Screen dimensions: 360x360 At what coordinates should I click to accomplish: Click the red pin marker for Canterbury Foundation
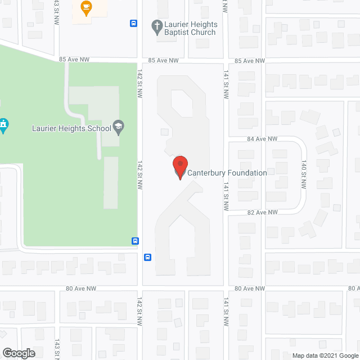point(180,166)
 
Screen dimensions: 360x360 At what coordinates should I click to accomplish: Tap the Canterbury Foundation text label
point(227,173)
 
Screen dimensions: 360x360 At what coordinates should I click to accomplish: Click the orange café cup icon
point(86,7)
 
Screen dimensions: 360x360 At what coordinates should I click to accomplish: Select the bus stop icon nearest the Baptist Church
point(134,23)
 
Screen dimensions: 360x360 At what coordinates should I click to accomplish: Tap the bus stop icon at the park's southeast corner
point(136,241)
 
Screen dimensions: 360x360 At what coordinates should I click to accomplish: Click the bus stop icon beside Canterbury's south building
point(148,258)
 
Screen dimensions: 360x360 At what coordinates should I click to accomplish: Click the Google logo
point(18,353)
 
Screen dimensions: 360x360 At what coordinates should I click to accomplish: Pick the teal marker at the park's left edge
point(3,126)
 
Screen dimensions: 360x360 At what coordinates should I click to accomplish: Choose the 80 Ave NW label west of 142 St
point(82,289)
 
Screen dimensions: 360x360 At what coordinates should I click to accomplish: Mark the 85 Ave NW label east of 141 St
point(249,61)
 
